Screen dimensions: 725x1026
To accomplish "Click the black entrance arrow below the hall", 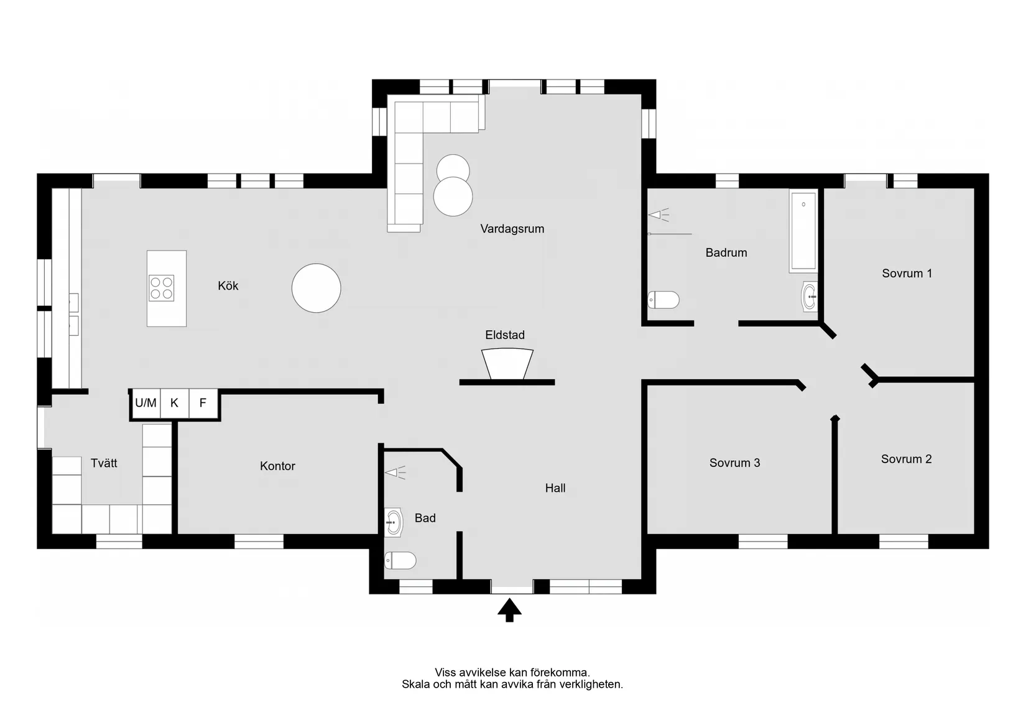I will (509, 610).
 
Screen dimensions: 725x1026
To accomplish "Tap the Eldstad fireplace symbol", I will (507, 364).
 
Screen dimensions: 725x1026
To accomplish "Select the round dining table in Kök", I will (317, 288).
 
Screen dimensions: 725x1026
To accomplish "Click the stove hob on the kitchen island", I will (162, 288).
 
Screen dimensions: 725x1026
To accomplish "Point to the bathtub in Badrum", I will (803, 231).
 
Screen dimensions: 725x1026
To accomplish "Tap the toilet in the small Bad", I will (400, 560).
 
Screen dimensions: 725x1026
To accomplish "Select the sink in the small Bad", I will (393, 522).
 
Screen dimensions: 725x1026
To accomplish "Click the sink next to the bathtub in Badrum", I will (809, 297).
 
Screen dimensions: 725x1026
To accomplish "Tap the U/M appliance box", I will (146, 403).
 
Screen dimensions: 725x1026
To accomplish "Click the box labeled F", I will (203, 403).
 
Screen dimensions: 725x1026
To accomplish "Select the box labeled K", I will (174, 403).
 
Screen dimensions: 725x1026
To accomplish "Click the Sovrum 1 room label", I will (907, 274).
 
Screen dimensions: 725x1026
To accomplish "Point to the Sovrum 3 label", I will (734, 463).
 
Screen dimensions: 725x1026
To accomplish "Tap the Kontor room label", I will (277, 466).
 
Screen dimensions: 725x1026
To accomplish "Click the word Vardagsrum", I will (512, 229).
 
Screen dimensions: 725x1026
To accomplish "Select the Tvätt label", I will (104, 463).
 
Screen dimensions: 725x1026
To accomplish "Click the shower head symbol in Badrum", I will (658, 215).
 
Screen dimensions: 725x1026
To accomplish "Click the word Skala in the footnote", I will (415, 685).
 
